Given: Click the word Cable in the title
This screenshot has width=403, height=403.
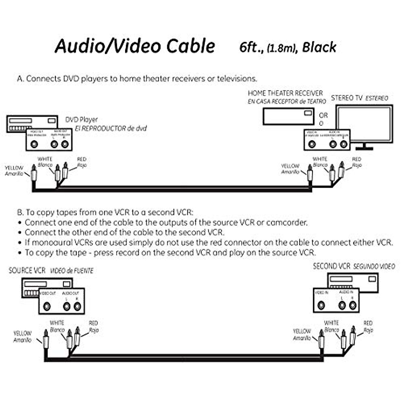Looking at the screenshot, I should (x=190, y=46).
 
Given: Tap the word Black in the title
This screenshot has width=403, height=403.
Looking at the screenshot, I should (x=319, y=47).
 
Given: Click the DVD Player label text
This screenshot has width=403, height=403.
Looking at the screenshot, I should (x=82, y=120).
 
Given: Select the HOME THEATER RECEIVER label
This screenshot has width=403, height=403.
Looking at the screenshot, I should (x=285, y=93).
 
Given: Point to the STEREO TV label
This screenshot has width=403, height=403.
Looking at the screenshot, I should (x=347, y=98).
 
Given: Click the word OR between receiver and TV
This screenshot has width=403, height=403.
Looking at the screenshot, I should (x=323, y=115).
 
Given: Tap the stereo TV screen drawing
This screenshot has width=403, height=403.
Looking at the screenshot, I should (x=364, y=124).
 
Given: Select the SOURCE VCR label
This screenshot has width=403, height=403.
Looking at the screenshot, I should (x=27, y=271).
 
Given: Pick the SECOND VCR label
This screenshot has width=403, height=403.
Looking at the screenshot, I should (x=331, y=266).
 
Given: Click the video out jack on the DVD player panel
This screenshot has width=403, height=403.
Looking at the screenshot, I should (x=34, y=144).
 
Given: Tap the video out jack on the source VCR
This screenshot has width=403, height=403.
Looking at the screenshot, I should (x=47, y=306).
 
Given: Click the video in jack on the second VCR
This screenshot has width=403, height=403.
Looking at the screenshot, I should (x=321, y=305).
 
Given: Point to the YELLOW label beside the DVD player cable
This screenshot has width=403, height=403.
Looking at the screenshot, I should (x=14, y=168).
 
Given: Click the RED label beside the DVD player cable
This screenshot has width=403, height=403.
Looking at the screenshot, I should (x=82, y=159).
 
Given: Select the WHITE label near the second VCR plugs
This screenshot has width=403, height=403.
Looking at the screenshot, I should (x=331, y=323).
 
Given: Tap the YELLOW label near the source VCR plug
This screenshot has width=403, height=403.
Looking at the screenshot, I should (x=22, y=333).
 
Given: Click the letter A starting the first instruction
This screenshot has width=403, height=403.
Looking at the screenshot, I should (x=20, y=79).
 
